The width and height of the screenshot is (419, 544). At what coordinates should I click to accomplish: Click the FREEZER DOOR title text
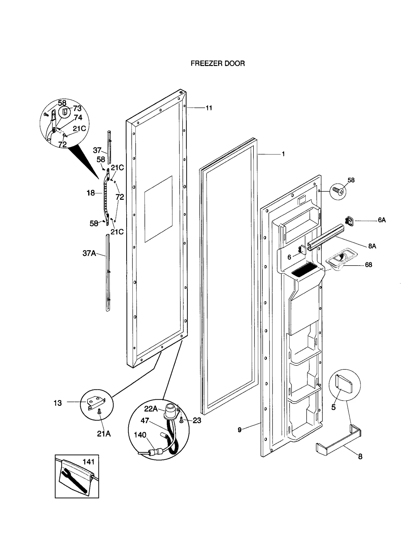pos(218,63)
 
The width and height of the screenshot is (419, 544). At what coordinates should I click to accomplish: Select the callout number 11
pos(209,108)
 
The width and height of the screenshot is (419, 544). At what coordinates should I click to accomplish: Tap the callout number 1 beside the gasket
pos(283,154)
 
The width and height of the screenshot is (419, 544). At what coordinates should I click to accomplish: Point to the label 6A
pos(382,220)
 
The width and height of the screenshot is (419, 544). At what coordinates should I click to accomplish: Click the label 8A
pos(372,246)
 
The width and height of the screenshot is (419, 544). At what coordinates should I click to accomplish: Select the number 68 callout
pos(368,265)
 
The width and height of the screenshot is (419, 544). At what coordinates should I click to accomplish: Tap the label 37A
pos(89,253)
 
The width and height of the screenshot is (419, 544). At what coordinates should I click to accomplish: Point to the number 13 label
pos(58,403)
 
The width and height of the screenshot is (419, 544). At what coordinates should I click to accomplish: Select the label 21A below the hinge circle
pos(104,434)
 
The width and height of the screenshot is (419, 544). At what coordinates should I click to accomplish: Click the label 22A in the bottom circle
pos(151,409)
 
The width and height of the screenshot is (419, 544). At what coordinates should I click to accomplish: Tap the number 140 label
pos(140,435)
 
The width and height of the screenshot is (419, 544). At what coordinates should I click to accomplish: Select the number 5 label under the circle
pos(333,407)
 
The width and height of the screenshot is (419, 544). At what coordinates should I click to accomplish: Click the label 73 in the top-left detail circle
pos(77,109)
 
